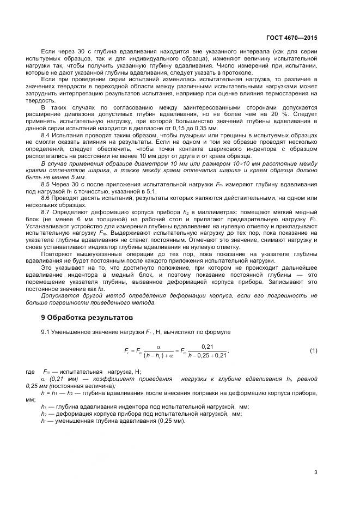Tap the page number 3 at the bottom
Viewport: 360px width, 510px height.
tap(315, 472)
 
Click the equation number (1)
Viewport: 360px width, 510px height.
tap(313, 350)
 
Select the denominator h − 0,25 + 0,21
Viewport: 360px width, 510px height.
tap(207, 355)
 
